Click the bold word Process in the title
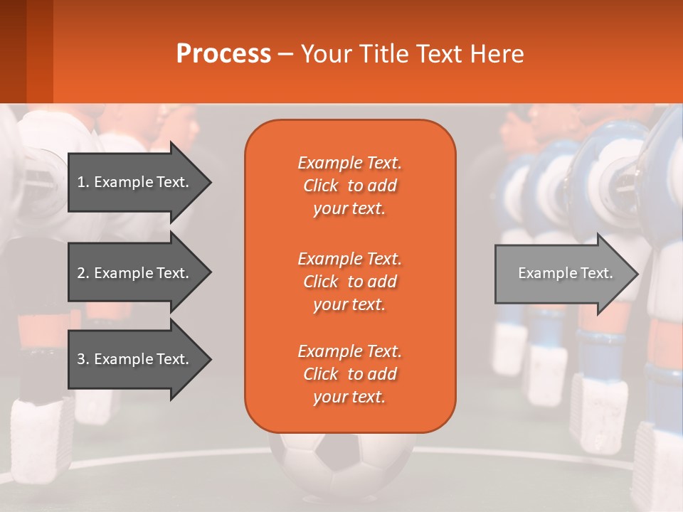(223, 54)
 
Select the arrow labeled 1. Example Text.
(135, 182)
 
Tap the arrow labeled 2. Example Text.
(135, 273)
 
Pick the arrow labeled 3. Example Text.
(135, 359)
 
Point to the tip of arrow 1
(211, 182)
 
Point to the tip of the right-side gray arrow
(638, 273)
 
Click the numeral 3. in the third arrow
(83, 359)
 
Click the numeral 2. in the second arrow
(83, 273)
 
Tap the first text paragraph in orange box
(349, 186)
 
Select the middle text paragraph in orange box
(349, 281)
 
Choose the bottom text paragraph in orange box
(349, 374)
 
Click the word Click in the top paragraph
(321, 186)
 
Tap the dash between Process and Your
(285, 54)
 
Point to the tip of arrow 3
(211, 359)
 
